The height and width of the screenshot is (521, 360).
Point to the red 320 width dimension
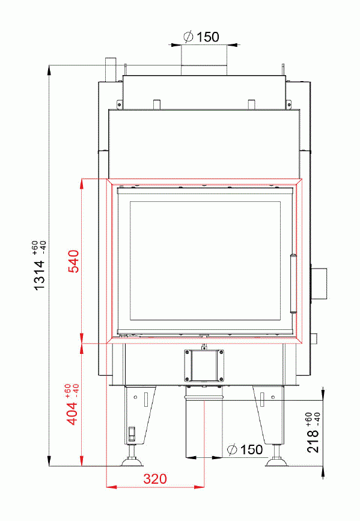[154, 479]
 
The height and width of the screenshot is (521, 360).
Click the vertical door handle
[293, 283]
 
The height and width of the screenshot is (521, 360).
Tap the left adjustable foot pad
[132, 462]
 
